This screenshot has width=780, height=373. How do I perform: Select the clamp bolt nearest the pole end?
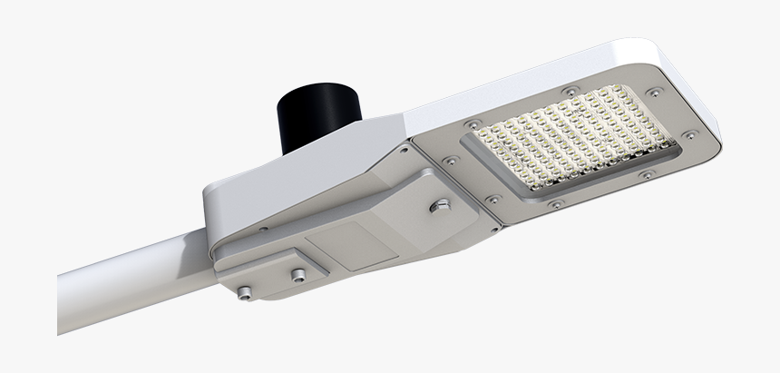pyautogui.click(x=242, y=291)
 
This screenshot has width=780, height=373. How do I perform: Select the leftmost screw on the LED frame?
pyautogui.click(x=448, y=160)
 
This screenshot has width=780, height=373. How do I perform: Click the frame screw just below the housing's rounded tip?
pyautogui.click(x=653, y=92)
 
